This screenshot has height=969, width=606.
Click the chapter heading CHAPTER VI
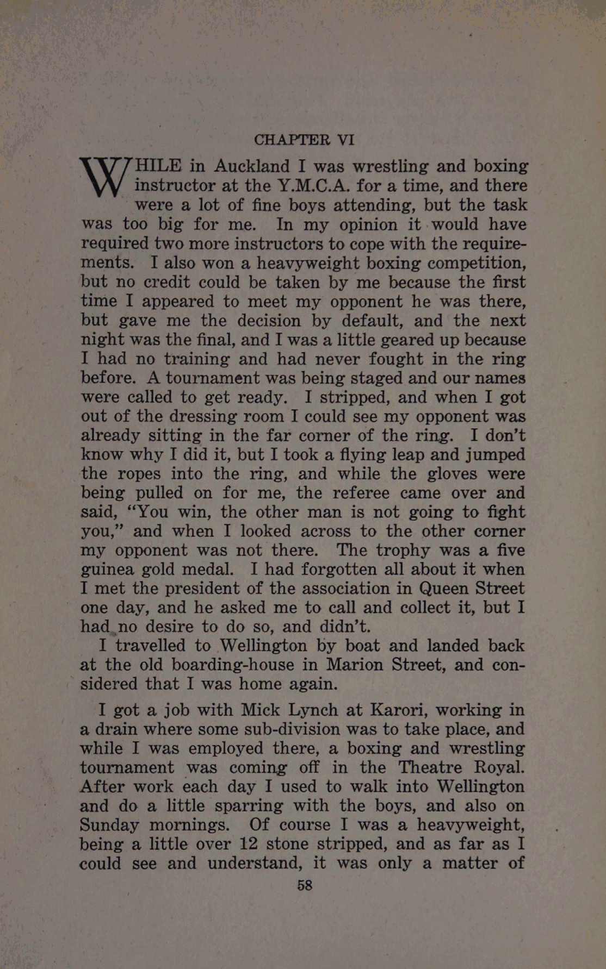click(304, 140)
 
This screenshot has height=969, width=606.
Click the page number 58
click(305, 885)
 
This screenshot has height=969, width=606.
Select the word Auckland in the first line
click(252, 166)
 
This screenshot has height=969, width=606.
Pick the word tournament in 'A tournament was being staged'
click(205, 378)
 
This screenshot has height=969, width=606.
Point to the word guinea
click(107, 570)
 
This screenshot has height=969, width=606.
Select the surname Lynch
click(313, 710)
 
